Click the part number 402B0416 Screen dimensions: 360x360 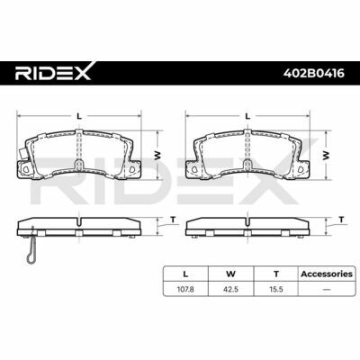314,73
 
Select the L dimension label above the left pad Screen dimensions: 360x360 79,116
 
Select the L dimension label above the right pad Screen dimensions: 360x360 247,116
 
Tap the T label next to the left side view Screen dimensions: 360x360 173,220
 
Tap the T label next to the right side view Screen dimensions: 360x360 341,220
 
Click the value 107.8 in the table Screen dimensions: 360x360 186,290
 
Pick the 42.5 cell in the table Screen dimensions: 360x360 231,290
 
